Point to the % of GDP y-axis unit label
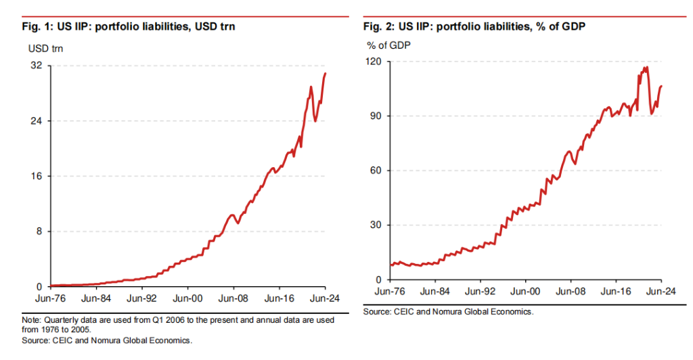(x=389, y=45)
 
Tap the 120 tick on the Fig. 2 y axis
(x=373, y=61)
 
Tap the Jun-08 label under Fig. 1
(x=233, y=297)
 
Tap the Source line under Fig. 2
(x=448, y=312)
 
